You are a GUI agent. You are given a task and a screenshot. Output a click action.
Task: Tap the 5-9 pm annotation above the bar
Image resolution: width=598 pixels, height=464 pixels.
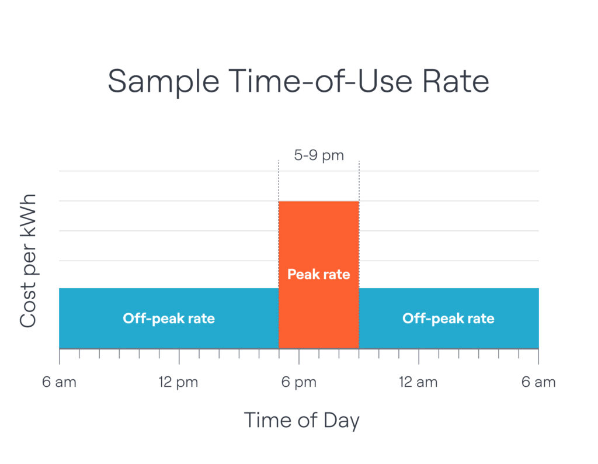click(318, 156)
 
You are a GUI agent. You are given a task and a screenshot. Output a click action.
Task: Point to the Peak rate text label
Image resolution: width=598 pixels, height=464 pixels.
click(318, 273)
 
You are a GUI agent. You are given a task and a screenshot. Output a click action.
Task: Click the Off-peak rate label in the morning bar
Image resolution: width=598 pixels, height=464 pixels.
click(169, 318)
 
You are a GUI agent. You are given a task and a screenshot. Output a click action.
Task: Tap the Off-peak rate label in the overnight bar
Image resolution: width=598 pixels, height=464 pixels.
click(448, 318)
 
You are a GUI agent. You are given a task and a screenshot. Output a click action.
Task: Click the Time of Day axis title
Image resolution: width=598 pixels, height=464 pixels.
click(301, 420)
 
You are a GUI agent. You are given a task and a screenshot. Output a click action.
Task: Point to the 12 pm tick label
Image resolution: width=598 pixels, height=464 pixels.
click(179, 383)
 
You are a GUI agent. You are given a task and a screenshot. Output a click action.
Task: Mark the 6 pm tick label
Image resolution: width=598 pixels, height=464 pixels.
click(298, 383)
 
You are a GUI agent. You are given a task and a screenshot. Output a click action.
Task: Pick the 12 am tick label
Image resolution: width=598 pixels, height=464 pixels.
click(418, 383)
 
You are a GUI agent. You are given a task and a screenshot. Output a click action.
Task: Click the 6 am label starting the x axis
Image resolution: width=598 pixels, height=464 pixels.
click(59, 383)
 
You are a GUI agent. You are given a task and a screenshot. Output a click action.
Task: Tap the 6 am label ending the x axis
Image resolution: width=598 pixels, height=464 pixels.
click(538, 383)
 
